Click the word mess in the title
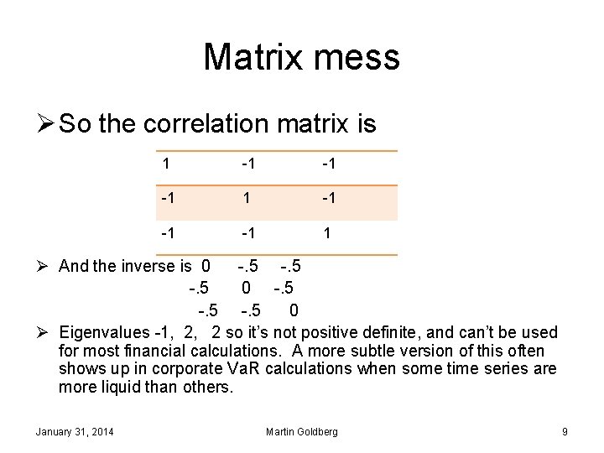360,58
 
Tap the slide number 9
565,431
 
